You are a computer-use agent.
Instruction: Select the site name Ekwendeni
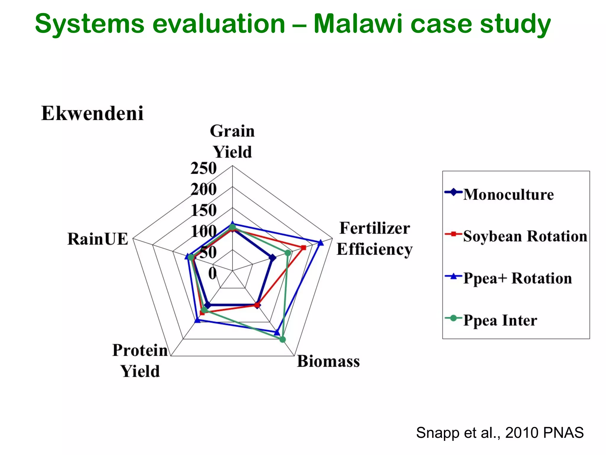coord(92,113)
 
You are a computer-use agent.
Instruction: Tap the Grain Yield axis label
coord(232,141)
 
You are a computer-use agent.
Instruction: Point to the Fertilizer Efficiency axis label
coord(374,238)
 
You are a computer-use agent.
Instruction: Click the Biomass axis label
coord(328,361)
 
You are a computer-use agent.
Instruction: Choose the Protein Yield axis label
coord(140,361)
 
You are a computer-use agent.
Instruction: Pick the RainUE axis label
coord(98,239)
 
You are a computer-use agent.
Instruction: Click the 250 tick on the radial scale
coord(204,168)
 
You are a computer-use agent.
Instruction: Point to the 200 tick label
coord(204,189)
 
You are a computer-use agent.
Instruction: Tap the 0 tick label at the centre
coord(212,273)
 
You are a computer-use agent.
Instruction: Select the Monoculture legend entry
coord(508,195)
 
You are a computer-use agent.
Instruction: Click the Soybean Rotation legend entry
coord(525,236)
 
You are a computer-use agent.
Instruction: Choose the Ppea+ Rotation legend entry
coord(517,278)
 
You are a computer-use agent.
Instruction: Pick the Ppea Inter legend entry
coord(500,321)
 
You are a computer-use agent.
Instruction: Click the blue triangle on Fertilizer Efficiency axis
coord(320,243)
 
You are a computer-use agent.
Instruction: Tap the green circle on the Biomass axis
coord(283,339)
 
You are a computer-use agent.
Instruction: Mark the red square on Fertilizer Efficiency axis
coord(303,248)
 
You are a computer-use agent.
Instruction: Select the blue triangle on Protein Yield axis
coord(198,320)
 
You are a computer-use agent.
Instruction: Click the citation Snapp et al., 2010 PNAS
coord(499,433)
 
